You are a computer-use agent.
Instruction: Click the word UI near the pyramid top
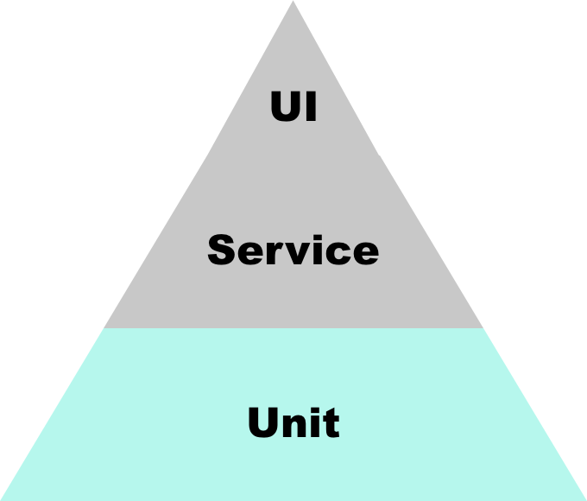click(x=293, y=107)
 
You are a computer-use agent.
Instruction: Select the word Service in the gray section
click(x=293, y=250)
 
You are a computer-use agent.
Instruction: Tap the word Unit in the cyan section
click(x=293, y=423)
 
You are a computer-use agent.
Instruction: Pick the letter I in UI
click(x=310, y=107)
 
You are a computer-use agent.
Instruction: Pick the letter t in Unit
click(x=331, y=424)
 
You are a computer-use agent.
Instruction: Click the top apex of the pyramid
click(x=293, y=2)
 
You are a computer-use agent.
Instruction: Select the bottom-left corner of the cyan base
click(x=3, y=498)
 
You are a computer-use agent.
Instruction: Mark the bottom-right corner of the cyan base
click(x=584, y=498)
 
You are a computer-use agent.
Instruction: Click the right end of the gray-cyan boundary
click(x=482, y=328)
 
